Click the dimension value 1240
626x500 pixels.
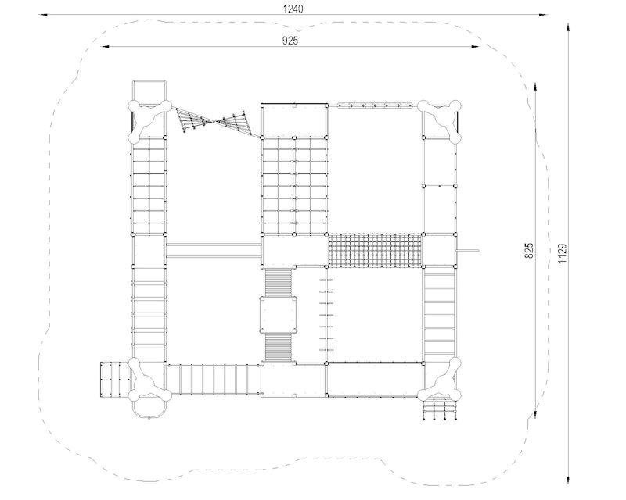(x=293, y=9)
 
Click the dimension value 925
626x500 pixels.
(x=290, y=41)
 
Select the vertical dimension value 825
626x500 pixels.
(x=529, y=251)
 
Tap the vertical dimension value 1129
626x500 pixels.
(x=562, y=253)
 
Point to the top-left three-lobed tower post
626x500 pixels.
(x=149, y=121)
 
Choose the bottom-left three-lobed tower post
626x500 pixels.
(x=149, y=379)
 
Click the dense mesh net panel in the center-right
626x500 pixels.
(x=375, y=251)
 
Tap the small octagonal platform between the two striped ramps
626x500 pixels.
(x=279, y=314)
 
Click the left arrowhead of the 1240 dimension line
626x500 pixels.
(x=43, y=15)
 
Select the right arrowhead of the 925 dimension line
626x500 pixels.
(x=476, y=47)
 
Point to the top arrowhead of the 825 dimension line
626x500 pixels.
(x=535, y=88)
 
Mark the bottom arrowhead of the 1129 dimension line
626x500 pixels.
(x=568, y=479)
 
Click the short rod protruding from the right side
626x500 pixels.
(x=467, y=251)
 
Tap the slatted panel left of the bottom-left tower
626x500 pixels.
(x=114, y=379)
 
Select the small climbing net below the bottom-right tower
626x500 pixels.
(x=439, y=409)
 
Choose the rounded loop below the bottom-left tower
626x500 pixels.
(x=149, y=409)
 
